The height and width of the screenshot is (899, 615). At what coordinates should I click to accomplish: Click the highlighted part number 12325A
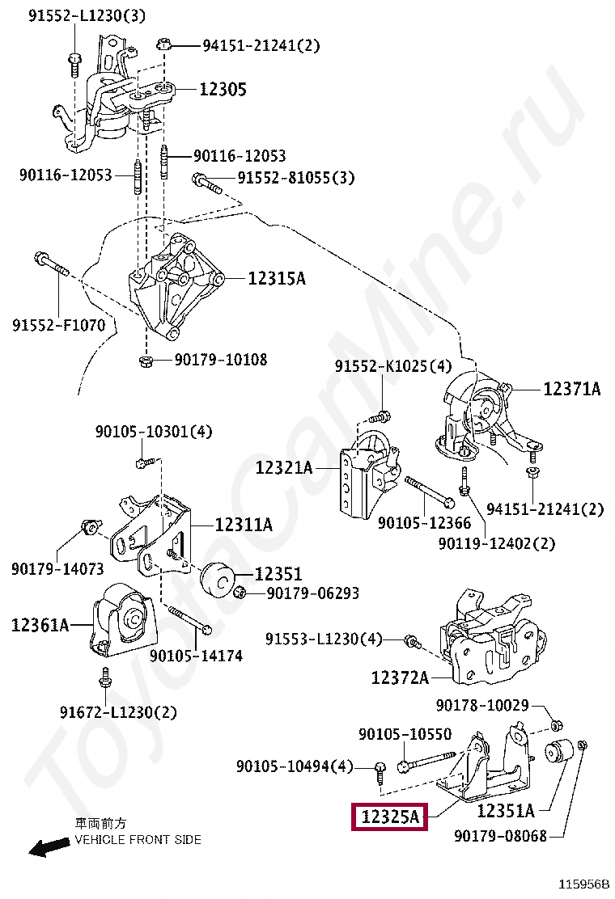coord(391,817)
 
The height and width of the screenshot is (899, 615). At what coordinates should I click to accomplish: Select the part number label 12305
coord(223,90)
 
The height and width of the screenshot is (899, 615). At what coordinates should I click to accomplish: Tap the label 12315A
coord(277,279)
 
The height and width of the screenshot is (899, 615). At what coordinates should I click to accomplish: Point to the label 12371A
coord(571,389)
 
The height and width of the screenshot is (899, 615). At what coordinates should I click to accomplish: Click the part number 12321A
coord(284,467)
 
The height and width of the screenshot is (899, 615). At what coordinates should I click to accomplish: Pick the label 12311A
coord(243,525)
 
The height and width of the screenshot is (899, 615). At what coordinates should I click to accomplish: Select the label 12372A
coord(400,677)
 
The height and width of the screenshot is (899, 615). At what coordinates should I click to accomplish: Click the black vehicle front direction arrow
coord(48,846)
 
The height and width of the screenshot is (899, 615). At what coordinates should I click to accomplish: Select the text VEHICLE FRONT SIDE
coord(138,840)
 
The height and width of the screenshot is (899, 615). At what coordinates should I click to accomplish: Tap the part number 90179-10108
coord(220,360)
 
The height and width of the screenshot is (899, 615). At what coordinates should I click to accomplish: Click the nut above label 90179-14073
coord(91,530)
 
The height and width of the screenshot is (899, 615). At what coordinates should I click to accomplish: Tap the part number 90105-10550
coord(405,734)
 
